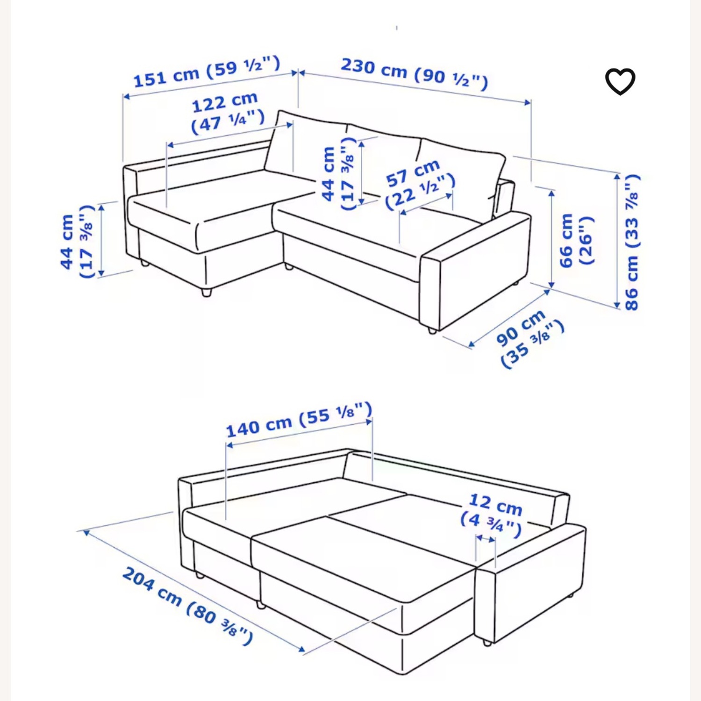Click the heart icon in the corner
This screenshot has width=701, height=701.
(620, 81)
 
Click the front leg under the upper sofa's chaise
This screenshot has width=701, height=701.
(206, 292)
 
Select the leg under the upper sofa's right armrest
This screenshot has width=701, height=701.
(432, 330)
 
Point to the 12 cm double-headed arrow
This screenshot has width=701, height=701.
(486, 539)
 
